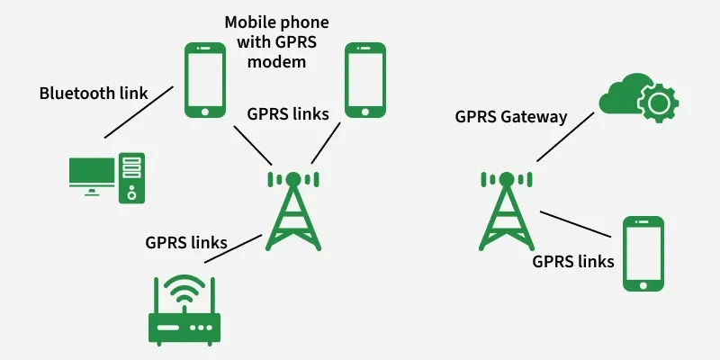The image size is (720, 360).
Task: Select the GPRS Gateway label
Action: tap(510, 116)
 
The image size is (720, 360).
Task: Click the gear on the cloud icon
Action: tap(657, 103)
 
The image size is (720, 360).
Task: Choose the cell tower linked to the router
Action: tap(292, 211)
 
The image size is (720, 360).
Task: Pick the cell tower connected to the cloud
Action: tap(505, 211)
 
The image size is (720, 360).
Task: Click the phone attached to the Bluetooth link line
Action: tap(204, 80)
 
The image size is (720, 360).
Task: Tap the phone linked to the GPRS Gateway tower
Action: tap(643, 253)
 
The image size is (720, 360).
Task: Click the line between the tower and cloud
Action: tap(566, 136)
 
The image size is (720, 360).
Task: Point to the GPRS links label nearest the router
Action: tap(185, 242)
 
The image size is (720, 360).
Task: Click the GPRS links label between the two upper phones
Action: tap(287, 113)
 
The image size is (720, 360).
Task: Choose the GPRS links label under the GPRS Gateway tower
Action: tap(573, 262)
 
